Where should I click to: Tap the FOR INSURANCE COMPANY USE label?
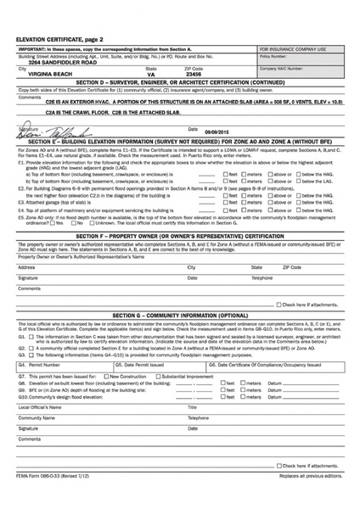pyautogui.click(x=293, y=49)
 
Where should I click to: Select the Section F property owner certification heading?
pyautogui.click(x=179, y=235)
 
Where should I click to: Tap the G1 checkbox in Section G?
pyautogui.click(x=29, y=337)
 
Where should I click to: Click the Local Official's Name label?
pyautogui.click(x=39, y=406)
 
